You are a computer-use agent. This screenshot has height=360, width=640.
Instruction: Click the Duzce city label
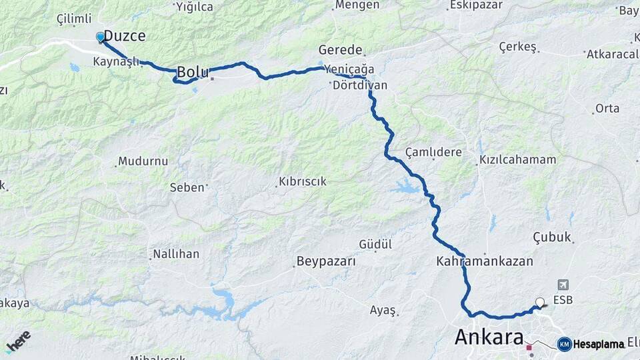click(x=125, y=36)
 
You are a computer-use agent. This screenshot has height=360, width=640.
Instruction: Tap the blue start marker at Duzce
click(x=101, y=37)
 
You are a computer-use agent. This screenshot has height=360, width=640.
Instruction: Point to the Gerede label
click(x=340, y=50)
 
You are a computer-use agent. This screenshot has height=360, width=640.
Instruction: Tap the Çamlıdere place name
click(x=433, y=152)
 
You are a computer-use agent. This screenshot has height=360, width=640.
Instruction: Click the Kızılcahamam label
click(x=517, y=160)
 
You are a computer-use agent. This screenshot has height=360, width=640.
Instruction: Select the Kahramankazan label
click(x=485, y=261)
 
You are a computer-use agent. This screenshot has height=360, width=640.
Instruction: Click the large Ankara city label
click(x=489, y=337)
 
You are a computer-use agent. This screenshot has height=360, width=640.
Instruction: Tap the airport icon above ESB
click(x=563, y=285)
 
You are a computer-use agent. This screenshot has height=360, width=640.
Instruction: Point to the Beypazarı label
click(x=326, y=261)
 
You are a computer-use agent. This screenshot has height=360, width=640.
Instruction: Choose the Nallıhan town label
click(x=176, y=254)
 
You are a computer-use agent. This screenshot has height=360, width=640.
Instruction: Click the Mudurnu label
click(x=143, y=161)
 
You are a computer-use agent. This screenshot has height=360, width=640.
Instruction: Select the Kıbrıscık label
click(x=302, y=181)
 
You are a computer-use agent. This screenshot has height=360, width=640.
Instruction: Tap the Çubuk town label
click(x=552, y=237)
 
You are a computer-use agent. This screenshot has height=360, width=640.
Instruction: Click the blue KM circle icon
click(x=564, y=344)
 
